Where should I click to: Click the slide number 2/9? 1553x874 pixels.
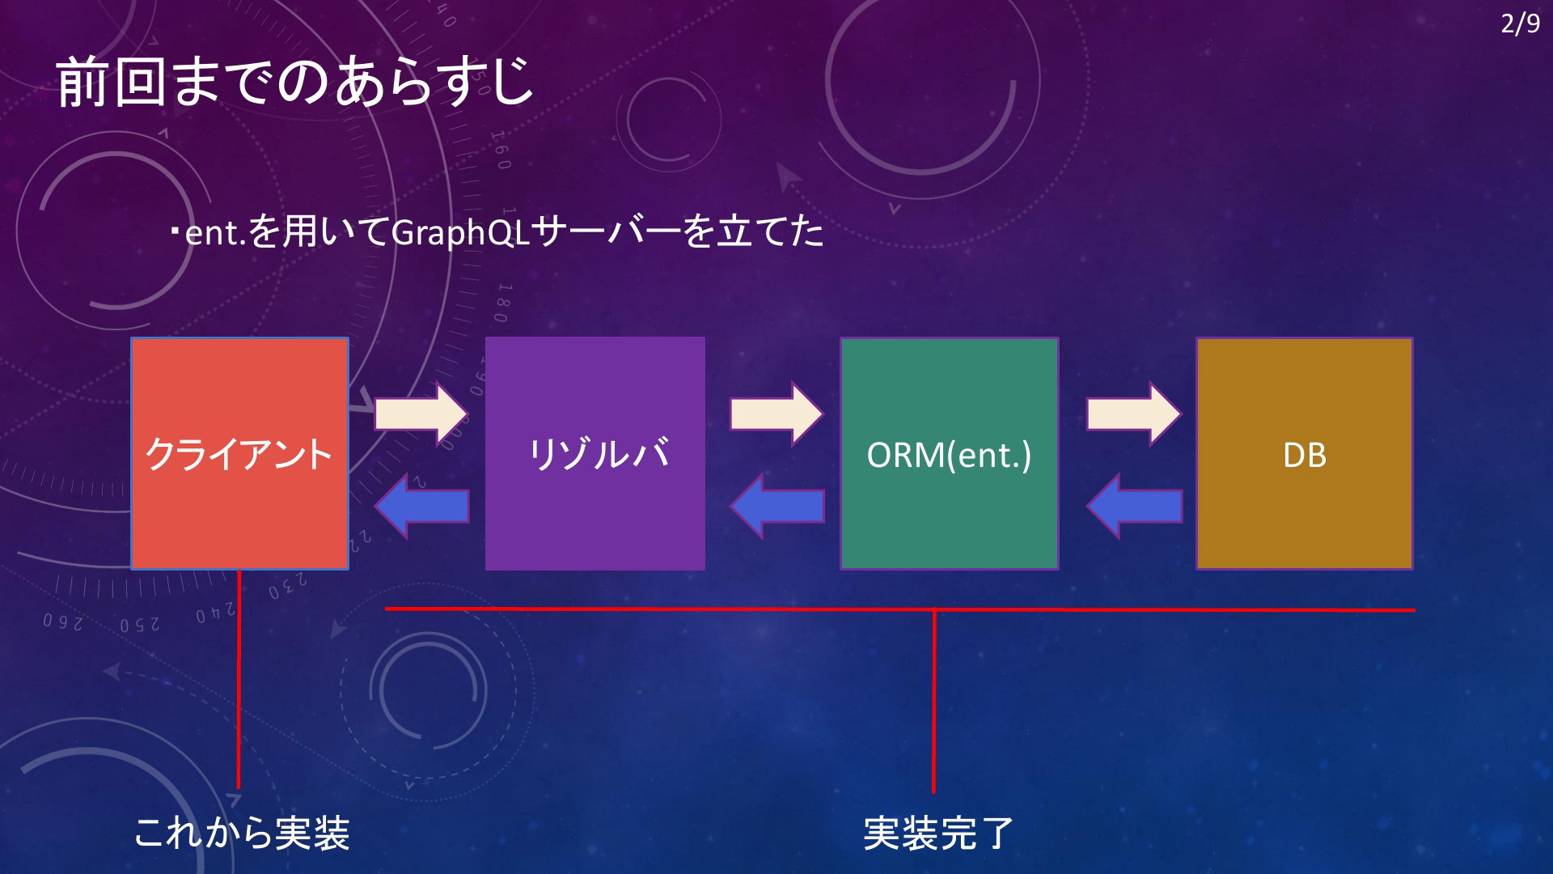(x=1520, y=23)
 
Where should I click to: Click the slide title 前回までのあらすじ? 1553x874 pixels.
(x=295, y=82)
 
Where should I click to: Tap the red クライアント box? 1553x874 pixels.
(x=240, y=453)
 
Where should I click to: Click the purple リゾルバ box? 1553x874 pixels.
(x=595, y=453)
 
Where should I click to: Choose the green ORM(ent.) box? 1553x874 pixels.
(x=950, y=453)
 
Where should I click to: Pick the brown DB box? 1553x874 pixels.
(x=1305, y=453)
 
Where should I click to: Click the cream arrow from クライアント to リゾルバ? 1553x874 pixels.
(x=421, y=414)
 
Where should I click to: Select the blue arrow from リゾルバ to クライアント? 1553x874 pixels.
(x=421, y=507)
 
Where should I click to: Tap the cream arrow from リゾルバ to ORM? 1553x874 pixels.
(x=776, y=414)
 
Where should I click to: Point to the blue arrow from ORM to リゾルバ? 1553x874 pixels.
(x=777, y=507)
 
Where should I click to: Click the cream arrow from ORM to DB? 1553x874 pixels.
(x=1134, y=414)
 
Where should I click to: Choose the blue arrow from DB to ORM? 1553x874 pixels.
(x=1134, y=507)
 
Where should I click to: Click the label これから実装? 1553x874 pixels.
(x=242, y=833)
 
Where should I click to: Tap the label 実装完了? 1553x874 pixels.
(x=938, y=833)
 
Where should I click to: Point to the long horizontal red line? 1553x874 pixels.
(x=899, y=609)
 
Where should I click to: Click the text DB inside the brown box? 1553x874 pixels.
(x=1305, y=455)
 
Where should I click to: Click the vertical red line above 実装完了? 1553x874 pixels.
(x=933, y=701)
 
